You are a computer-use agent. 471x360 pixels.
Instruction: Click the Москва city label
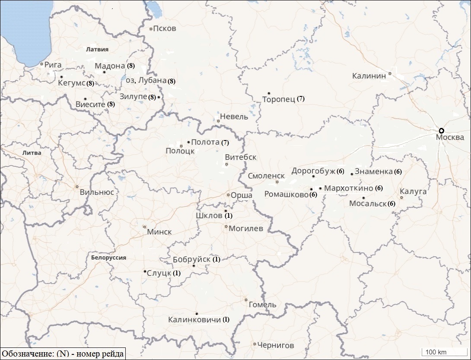450,137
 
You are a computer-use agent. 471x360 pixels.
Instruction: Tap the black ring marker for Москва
441,131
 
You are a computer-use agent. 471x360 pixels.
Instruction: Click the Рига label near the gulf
53,65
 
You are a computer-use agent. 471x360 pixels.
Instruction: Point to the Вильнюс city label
97,192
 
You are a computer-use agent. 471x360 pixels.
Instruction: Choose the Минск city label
159,232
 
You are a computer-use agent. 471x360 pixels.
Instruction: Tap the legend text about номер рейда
63,354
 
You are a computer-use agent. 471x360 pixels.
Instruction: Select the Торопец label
278,99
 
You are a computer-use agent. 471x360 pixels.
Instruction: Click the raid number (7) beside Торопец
300,99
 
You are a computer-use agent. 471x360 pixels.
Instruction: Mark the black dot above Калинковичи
197,313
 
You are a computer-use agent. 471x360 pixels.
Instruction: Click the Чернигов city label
276,345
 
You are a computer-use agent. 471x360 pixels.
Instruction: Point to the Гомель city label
262,305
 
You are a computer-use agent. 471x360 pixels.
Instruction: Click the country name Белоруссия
108,258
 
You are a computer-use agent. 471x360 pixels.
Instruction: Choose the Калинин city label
369,76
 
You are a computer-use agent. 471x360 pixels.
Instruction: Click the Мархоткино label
348,188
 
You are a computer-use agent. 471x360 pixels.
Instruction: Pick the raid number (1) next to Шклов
229,215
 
